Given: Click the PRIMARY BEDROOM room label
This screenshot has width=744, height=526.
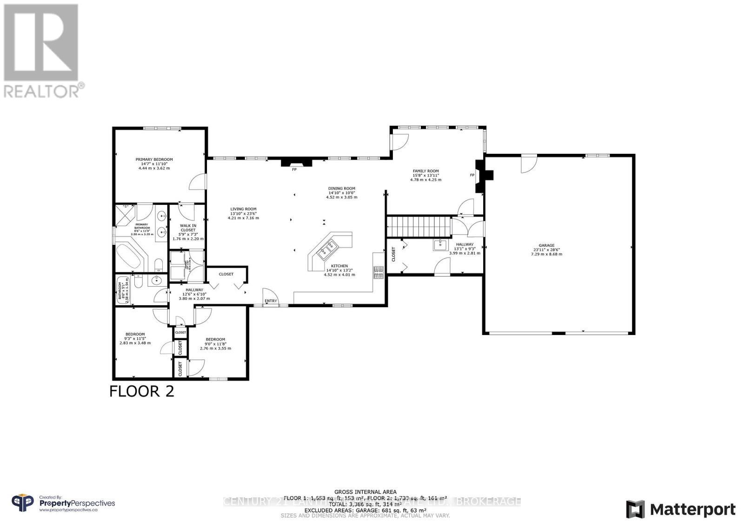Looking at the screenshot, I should pos(154,159).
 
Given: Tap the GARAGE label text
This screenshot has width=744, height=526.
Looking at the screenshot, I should pos(546,245).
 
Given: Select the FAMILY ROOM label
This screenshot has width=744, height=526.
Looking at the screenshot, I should pos(425,171).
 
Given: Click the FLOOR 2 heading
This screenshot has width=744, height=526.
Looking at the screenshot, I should pos(142,391).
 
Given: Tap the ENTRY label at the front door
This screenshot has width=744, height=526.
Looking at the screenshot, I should pos(271,301).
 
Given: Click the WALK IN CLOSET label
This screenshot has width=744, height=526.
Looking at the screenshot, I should pos(188,228).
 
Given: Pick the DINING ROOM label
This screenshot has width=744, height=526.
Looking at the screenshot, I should pos(341,189).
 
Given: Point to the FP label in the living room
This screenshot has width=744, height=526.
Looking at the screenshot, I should pos(294,170).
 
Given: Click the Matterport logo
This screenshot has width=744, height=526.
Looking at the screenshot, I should pos(681,510).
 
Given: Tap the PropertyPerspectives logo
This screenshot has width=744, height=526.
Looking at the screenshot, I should pos(63,503).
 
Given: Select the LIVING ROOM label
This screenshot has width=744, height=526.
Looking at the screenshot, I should pos(243,209).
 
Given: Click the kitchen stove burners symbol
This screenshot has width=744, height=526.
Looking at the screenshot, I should pos(378,272).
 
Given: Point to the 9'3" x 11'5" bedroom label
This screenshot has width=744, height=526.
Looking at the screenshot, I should pos(135,334).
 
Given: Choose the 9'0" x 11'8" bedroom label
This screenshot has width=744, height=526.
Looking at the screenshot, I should pos(215,339).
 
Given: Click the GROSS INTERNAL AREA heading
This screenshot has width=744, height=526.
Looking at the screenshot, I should pos(365,492).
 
